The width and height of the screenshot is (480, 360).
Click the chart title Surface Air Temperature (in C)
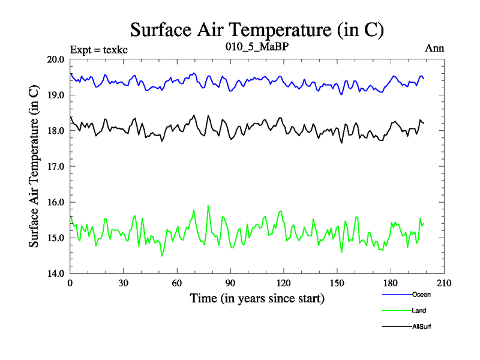point(257,29)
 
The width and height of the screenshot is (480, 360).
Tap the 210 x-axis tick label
point(444,283)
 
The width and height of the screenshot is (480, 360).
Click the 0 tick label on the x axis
point(70,283)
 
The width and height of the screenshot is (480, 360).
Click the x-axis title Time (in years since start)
point(257,298)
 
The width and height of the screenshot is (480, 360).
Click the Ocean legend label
point(421,295)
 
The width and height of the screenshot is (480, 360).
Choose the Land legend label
point(419,310)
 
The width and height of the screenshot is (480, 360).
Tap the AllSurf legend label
point(422,326)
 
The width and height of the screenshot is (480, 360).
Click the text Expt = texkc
point(98,49)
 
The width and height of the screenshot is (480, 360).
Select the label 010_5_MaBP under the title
point(257,45)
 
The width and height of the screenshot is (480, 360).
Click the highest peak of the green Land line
point(208,206)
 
